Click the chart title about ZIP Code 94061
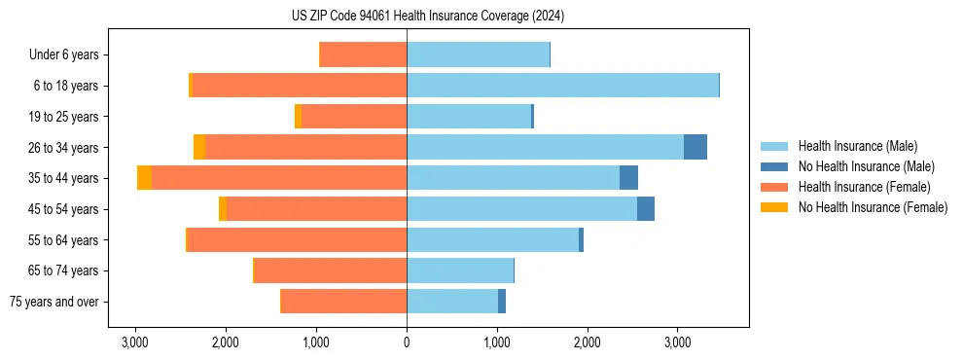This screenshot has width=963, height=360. pos(481,17)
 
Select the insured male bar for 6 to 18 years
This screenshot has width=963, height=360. pos(562,86)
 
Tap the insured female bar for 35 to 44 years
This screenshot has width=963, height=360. pos(279,178)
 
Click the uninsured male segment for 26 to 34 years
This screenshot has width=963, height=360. pos(695,147)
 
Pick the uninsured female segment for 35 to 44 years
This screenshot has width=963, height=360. pos(144,178)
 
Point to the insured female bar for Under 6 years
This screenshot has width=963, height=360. pos(363,55)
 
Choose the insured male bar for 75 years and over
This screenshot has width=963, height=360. pos(452,302)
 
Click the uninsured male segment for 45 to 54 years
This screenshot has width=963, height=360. pos(645,209)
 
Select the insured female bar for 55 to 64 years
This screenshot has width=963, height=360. pos(297,240)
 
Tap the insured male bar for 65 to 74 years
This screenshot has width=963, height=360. pos(460,270)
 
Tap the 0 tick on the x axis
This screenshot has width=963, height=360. pos(407,342)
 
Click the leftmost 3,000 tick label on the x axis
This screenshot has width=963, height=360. pos(135,342)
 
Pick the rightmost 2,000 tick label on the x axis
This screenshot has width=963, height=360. pos(588,342)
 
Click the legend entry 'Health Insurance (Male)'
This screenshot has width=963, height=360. pos(857,146)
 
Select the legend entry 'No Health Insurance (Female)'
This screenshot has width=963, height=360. pos(873,207)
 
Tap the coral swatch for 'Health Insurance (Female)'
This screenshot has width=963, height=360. pos(774,187)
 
